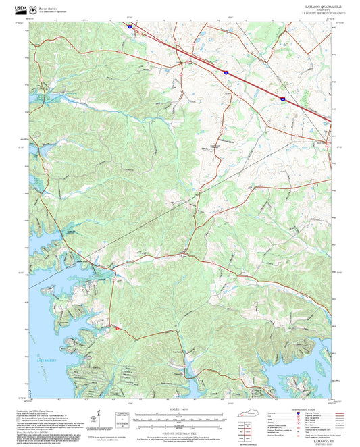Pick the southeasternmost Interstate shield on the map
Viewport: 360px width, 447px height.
point(282,99)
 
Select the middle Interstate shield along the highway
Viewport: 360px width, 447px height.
point(226,70)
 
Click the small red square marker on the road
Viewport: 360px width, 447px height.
point(118,329)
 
